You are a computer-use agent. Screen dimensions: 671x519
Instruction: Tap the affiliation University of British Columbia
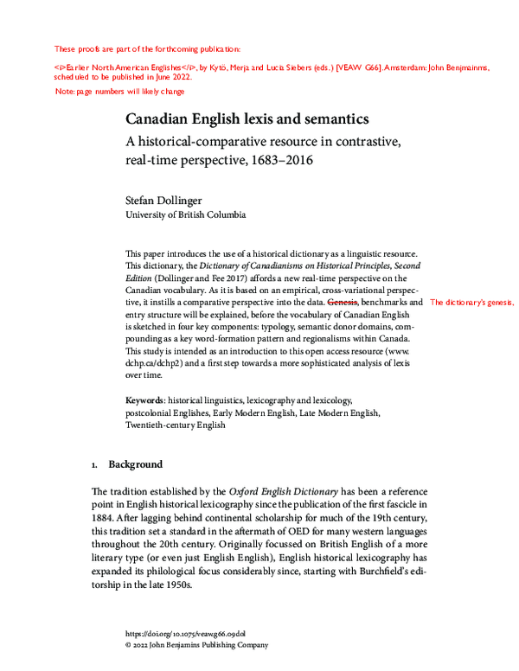coord(186,214)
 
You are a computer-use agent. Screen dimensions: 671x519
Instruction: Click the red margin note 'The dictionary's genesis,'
coord(471,304)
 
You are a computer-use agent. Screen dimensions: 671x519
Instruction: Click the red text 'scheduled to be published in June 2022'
coord(123,75)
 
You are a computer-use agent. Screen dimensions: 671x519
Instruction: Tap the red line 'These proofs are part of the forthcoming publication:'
coord(147,48)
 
